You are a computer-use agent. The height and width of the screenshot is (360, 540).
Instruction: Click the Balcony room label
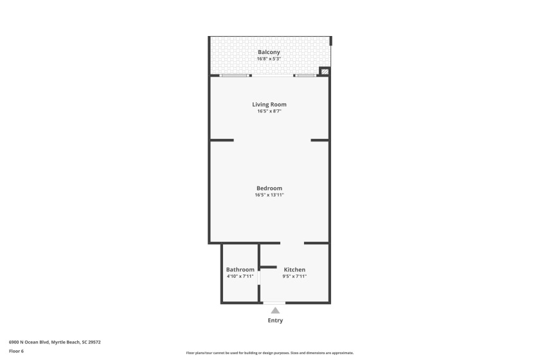(x=269, y=52)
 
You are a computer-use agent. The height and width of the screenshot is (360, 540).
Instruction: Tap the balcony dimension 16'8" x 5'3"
(x=269, y=59)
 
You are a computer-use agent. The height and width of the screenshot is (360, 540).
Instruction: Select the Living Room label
(x=269, y=104)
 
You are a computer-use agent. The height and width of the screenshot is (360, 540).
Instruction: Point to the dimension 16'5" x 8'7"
(x=269, y=111)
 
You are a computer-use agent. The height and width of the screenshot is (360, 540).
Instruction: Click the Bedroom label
(x=269, y=188)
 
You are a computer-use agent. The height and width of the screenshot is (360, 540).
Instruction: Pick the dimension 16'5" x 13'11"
(x=269, y=195)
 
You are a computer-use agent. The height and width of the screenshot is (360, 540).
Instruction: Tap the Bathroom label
(x=240, y=269)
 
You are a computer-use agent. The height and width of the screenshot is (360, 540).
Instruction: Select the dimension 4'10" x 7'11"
(x=240, y=276)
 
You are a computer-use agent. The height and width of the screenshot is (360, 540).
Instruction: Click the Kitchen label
(x=294, y=269)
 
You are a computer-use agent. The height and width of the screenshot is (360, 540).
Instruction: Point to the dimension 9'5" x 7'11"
(x=294, y=276)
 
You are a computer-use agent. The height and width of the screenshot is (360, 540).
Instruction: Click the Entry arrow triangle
(x=275, y=310)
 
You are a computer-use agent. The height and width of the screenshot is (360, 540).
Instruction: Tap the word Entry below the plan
(x=275, y=320)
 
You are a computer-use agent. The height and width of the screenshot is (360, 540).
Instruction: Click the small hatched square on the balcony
(x=325, y=71)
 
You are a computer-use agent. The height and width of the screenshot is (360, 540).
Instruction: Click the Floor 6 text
(x=16, y=351)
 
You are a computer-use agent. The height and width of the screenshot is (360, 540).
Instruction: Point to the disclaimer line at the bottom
(x=270, y=353)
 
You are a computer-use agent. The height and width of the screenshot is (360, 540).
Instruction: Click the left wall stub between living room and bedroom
(x=222, y=140)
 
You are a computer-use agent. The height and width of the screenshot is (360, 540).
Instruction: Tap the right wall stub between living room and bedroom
(x=319, y=140)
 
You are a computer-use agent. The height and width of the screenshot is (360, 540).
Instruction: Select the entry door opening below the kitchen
(x=274, y=303)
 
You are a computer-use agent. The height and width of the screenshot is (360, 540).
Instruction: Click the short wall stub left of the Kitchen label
(x=267, y=267)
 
